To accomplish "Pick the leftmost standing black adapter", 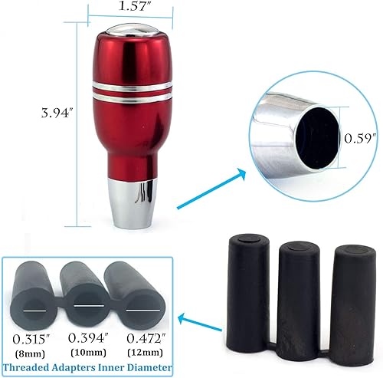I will tap(247, 292).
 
